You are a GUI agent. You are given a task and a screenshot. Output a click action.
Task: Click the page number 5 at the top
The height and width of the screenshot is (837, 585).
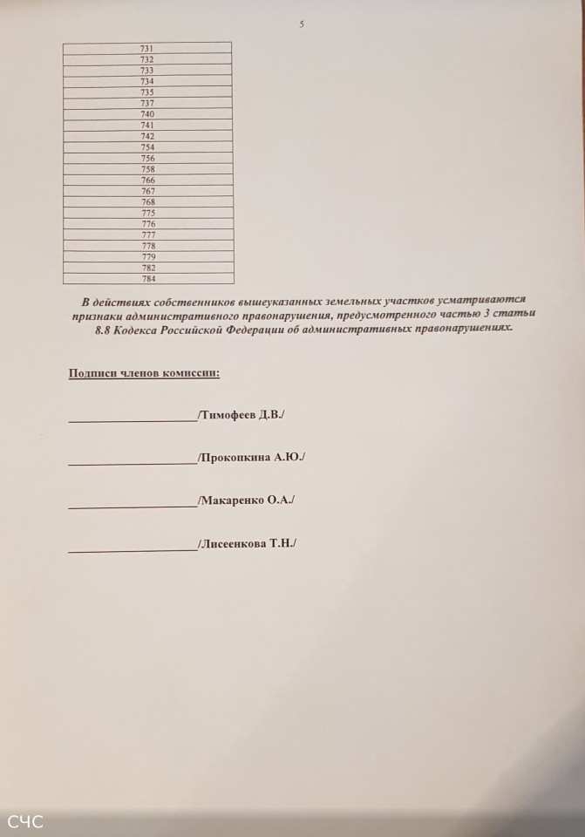coord(302,24)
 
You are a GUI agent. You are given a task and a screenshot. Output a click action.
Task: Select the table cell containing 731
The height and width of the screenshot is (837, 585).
coord(146,48)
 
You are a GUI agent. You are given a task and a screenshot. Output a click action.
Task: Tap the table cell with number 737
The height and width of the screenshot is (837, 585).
coord(147,103)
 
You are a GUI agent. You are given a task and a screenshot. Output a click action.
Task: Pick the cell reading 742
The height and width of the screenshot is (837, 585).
coord(147,136)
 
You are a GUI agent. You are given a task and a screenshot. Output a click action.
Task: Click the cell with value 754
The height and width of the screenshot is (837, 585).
coord(147,147)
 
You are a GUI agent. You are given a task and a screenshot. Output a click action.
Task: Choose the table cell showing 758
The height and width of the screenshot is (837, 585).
coord(147,169)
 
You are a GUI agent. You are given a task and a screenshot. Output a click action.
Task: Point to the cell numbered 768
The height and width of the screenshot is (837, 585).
coord(148,202)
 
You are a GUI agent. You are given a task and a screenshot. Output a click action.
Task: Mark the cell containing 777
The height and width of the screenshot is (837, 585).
coord(148,235)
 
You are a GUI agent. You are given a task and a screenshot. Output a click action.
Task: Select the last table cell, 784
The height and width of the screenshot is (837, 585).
coord(148,279)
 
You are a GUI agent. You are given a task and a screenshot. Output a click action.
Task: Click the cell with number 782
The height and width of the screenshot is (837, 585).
coord(148,268)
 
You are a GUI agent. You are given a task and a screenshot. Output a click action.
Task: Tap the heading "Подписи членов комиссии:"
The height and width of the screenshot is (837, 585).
coord(144,374)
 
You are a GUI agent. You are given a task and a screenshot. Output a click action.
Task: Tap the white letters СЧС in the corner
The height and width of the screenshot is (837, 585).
coord(24,821)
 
